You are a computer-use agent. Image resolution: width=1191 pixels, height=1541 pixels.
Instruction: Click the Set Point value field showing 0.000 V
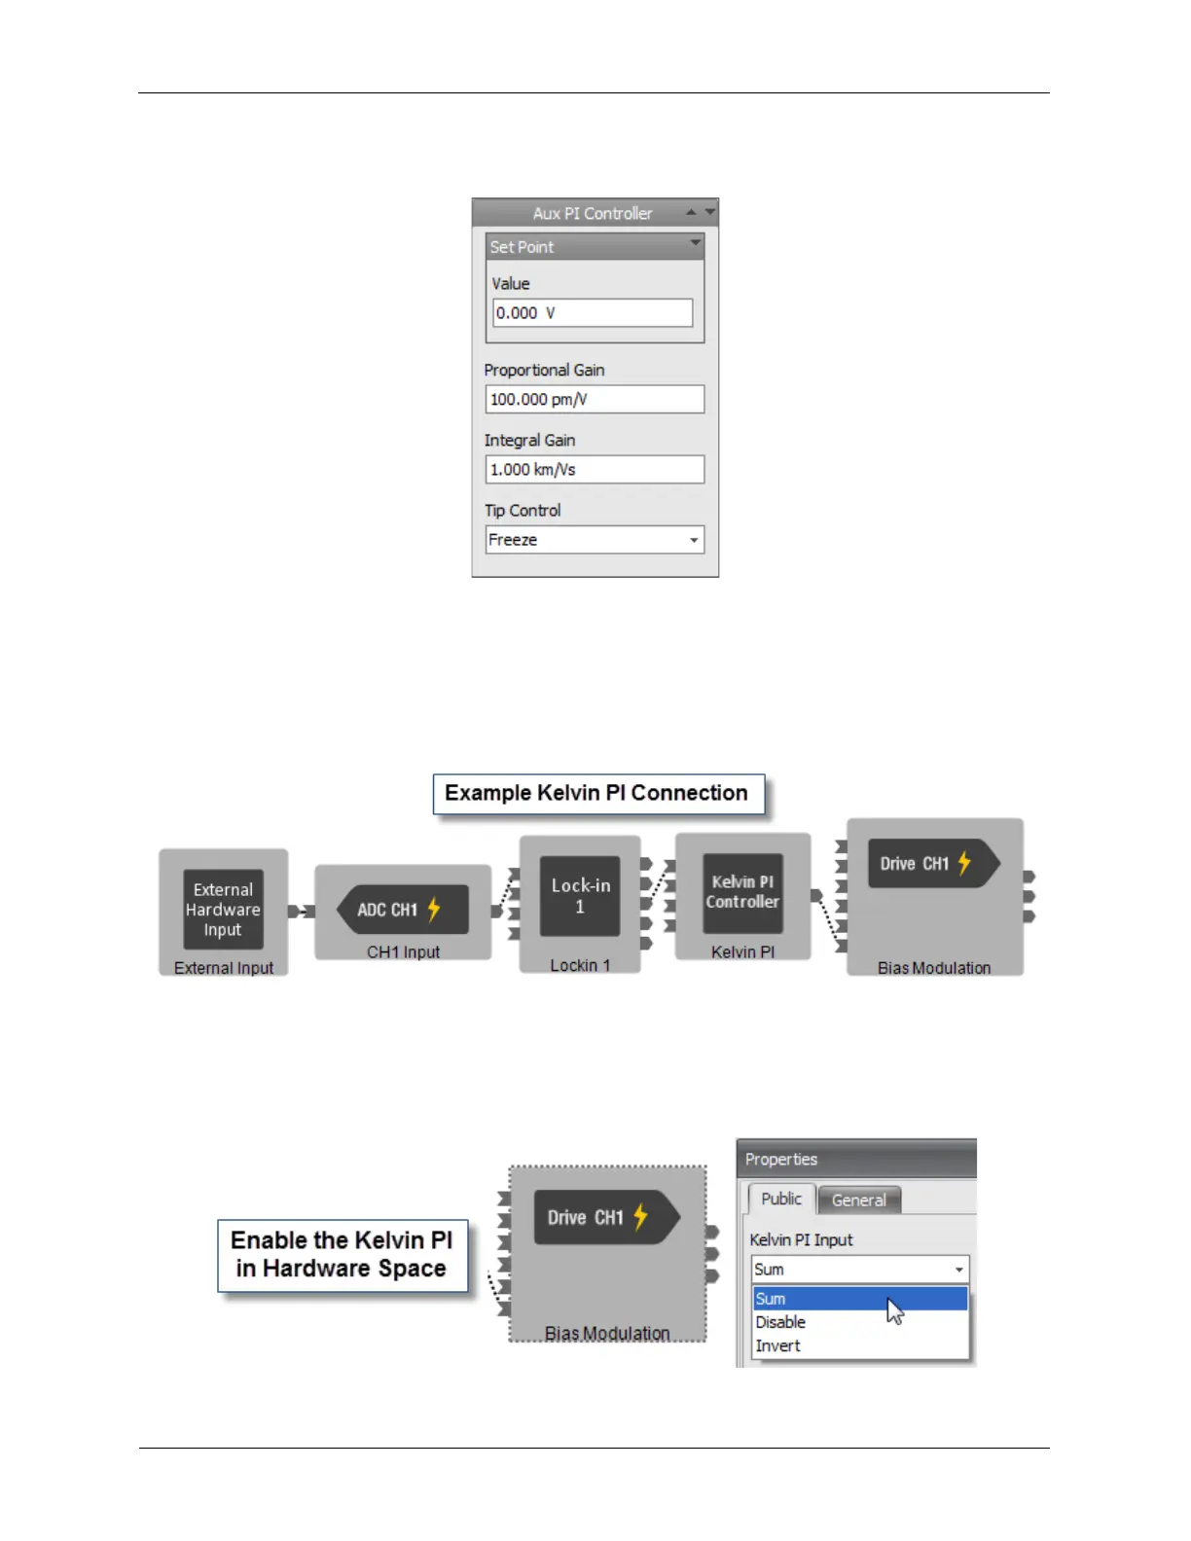click(x=593, y=313)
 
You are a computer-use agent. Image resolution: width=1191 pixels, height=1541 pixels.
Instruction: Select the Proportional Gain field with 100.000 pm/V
click(x=594, y=399)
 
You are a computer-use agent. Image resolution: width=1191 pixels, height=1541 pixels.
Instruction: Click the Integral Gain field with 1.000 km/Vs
click(x=594, y=469)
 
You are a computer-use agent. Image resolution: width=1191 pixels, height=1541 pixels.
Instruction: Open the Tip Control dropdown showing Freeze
click(x=594, y=540)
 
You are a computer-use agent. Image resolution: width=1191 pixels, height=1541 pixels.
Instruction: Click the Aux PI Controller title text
click(x=592, y=213)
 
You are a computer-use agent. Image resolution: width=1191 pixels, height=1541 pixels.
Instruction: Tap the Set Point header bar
click(x=594, y=247)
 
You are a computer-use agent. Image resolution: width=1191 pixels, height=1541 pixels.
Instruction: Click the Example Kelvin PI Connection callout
click(x=597, y=794)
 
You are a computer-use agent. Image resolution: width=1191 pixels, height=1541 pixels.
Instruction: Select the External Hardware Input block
click(x=223, y=910)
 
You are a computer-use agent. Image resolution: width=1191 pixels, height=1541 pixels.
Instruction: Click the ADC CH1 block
click(x=401, y=910)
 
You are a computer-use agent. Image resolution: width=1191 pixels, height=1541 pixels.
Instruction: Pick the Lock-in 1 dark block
click(x=580, y=896)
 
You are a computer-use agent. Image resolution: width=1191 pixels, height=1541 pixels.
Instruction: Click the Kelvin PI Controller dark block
click(x=742, y=892)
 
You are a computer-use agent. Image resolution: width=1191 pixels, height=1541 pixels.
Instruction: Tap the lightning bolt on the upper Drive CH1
click(x=964, y=863)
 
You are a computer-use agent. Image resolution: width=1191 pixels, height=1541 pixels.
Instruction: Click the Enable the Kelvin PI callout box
click(x=342, y=1255)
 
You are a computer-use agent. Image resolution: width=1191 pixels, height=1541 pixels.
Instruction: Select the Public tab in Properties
click(x=780, y=1199)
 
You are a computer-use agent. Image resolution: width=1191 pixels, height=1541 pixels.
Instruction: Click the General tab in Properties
click(x=858, y=1201)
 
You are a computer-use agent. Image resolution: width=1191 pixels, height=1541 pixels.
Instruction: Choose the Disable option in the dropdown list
click(x=781, y=1322)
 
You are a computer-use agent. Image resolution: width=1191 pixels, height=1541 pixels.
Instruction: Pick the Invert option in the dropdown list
click(x=778, y=1345)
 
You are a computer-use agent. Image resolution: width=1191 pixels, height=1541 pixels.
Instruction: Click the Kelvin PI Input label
click(x=801, y=1239)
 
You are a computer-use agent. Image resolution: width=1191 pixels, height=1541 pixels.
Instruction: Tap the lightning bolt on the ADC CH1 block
click(x=434, y=910)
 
